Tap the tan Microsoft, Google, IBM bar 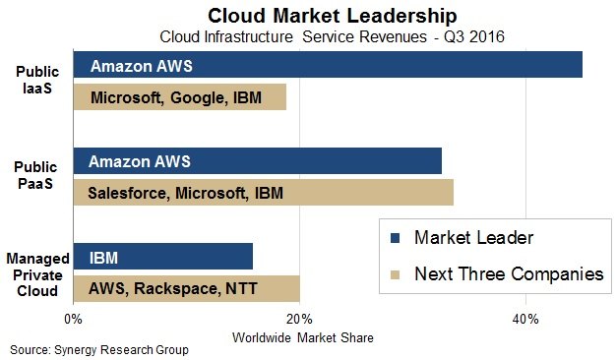[179, 97]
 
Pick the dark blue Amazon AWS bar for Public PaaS [257, 161]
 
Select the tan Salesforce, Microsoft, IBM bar [263, 193]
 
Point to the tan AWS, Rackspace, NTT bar [186, 289]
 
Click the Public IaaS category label [35, 81]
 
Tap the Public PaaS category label [35, 176]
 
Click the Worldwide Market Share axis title [302, 337]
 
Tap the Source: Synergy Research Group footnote [98, 350]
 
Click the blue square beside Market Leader [396, 238]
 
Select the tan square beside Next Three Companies [396, 274]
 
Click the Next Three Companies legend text [509, 274]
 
